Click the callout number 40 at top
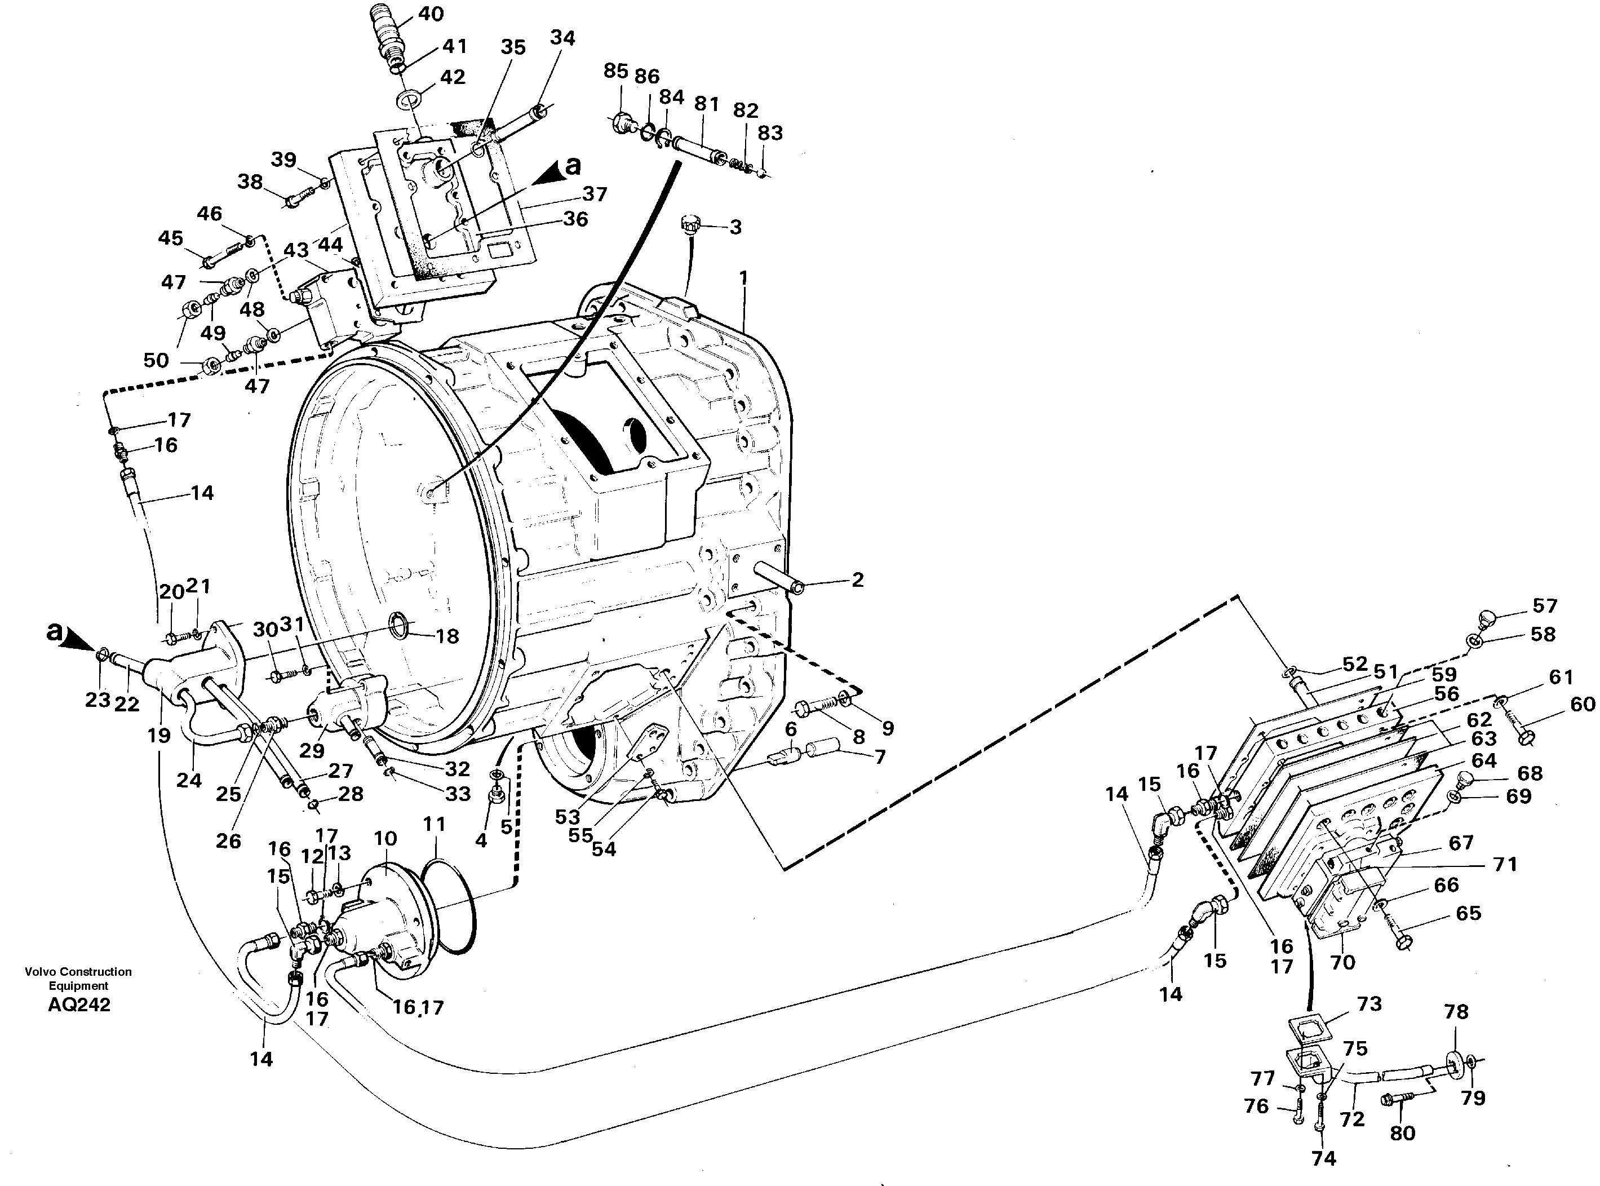[431, 14]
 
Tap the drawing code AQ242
[79, 1005]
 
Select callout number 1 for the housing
[744, 277]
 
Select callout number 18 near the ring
[447, 636]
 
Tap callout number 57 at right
[1545, 605]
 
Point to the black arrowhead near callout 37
[551, 171]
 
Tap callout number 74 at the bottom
[1324, 1158]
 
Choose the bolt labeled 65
[1400, 937]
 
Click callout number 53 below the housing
[567, 816]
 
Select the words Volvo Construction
[78, 971]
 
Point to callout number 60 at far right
[1582, 704]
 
